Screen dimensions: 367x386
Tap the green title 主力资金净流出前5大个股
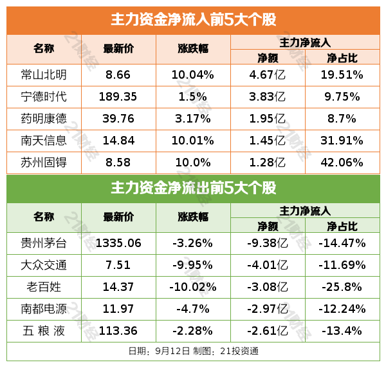coord(193,188)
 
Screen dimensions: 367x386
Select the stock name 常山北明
coord(43,75)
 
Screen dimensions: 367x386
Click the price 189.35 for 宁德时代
coord(118,97)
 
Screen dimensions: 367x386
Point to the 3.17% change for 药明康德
coord(192,119)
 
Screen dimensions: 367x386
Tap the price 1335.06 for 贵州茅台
coord(118,243)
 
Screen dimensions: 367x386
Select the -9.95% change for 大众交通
coord(192,265)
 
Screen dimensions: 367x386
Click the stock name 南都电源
coord(43,309)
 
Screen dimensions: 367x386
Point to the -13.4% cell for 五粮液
coord(342,331)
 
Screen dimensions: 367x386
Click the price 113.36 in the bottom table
coord(118,331)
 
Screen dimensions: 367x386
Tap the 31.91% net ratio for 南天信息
coord(342,141)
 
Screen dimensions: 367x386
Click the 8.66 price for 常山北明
coord(118,75)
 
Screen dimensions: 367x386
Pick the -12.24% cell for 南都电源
coord(342,309)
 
